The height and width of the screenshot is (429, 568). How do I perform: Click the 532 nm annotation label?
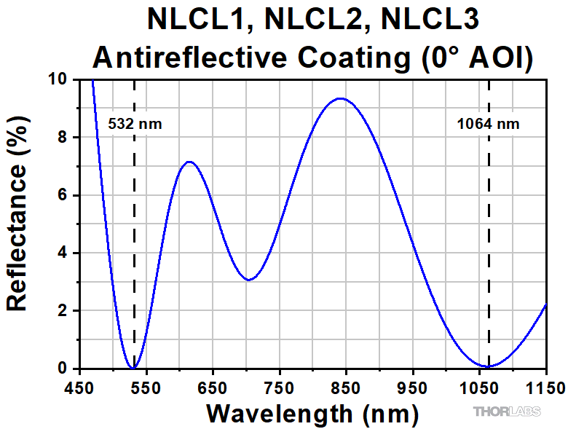[x=135, y=124]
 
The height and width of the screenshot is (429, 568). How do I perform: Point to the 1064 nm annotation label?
[x=488, y=124]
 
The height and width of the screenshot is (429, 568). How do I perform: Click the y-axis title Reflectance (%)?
[x=17, y=227]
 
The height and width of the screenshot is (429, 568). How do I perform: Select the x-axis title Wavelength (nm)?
[x=312, y=414]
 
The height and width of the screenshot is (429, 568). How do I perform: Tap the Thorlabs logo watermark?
[x=508, y=412]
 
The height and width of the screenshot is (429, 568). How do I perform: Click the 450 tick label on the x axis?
[x=80, y=386]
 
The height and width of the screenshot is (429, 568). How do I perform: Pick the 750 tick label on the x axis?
[x=280, y=386]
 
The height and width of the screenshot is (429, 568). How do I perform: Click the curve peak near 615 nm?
[x=189, y=162]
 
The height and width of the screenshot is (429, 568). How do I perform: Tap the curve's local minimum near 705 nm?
[x=249, y=280]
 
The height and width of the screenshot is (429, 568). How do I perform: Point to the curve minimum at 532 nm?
[x=133, y=369]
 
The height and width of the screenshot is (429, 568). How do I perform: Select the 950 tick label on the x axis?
[x=413, y=386]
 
